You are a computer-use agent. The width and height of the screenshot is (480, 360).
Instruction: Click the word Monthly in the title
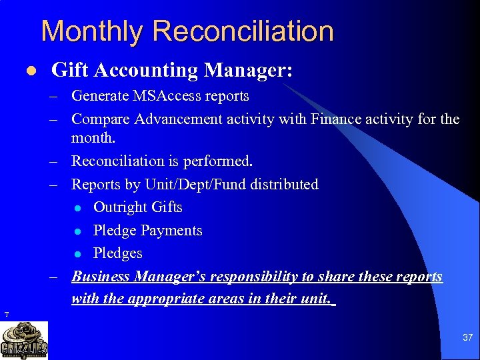91,31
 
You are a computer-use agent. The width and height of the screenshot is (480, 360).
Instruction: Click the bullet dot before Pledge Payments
79,231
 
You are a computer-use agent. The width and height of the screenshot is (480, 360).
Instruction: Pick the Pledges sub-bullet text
118,253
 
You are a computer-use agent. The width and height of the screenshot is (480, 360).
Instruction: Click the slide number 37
467,338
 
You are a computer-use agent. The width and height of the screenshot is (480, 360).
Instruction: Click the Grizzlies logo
24,341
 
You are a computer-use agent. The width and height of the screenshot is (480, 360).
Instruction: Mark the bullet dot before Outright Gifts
79,208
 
